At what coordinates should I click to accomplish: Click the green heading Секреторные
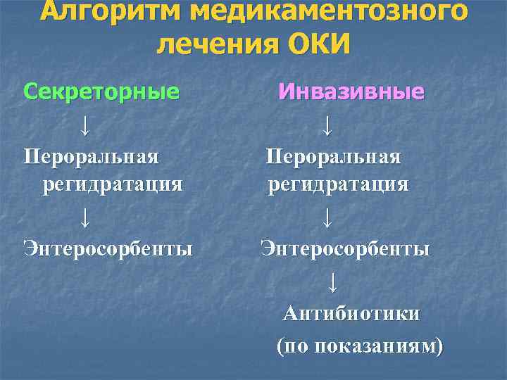pyautogui.click(x=101, y=91)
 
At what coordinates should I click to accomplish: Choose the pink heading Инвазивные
pyautogui.click(x=351, y=91)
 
